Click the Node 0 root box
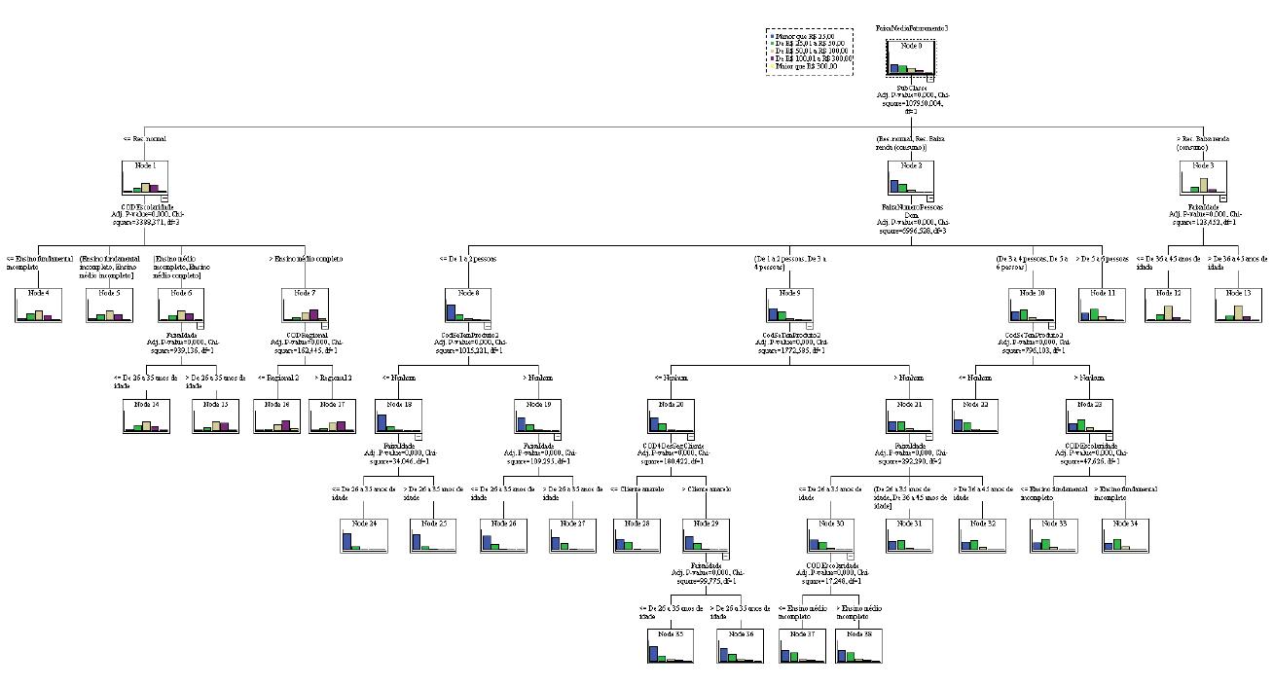pyautogui.click(x=911, y=57)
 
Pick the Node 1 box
pyautogui.click(x=145, y=179)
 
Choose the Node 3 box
pyautogui.click(x=1204, y=179)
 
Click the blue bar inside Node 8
pyautogui.click(x=451, y=311)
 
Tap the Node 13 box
pyautogui.click(x=1238, y=305)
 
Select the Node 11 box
pyautogui.click(x=1102, y=305)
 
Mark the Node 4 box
pyautogui.click(x=39, y=305)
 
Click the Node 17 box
pyautogui.click(x=332, y=416)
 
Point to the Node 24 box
pyautogui.click(x=364, y=535)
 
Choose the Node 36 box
pyautogui.click(x=741, y=646)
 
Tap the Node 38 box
pyautogui.click(x=858, y=646)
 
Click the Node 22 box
pyautogui.click(x=975, y=416)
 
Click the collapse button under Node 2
pyautogui.click(x=929, y=198)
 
